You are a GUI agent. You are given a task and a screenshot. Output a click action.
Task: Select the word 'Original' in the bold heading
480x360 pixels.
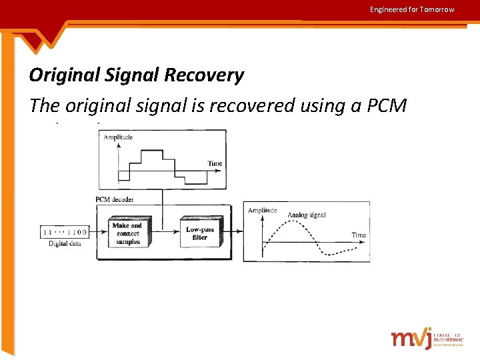(63, 75)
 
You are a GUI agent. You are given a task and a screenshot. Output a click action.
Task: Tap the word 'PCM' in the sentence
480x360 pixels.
(385, 105)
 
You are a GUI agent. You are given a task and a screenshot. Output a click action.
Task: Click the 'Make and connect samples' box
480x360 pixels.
(127, 234)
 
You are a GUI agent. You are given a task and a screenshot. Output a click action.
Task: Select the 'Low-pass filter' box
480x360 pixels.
(200, 233)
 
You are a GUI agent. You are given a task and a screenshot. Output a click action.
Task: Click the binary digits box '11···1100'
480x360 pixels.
(64, 232)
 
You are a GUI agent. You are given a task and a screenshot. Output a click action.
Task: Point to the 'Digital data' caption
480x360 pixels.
(65, 244)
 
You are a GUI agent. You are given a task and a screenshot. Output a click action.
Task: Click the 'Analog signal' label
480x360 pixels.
(307, 215)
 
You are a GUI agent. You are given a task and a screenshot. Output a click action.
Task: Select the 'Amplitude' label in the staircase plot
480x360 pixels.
(118, 137)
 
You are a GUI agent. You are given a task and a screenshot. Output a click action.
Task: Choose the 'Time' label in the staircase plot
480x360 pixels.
(215, 163)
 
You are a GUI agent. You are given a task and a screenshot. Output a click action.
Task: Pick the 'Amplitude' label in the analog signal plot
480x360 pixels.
(262, 210)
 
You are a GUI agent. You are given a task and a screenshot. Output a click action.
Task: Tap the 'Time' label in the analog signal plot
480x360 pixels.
(359, 235)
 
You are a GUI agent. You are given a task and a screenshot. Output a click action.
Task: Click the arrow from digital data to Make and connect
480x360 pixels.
(97, 232)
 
